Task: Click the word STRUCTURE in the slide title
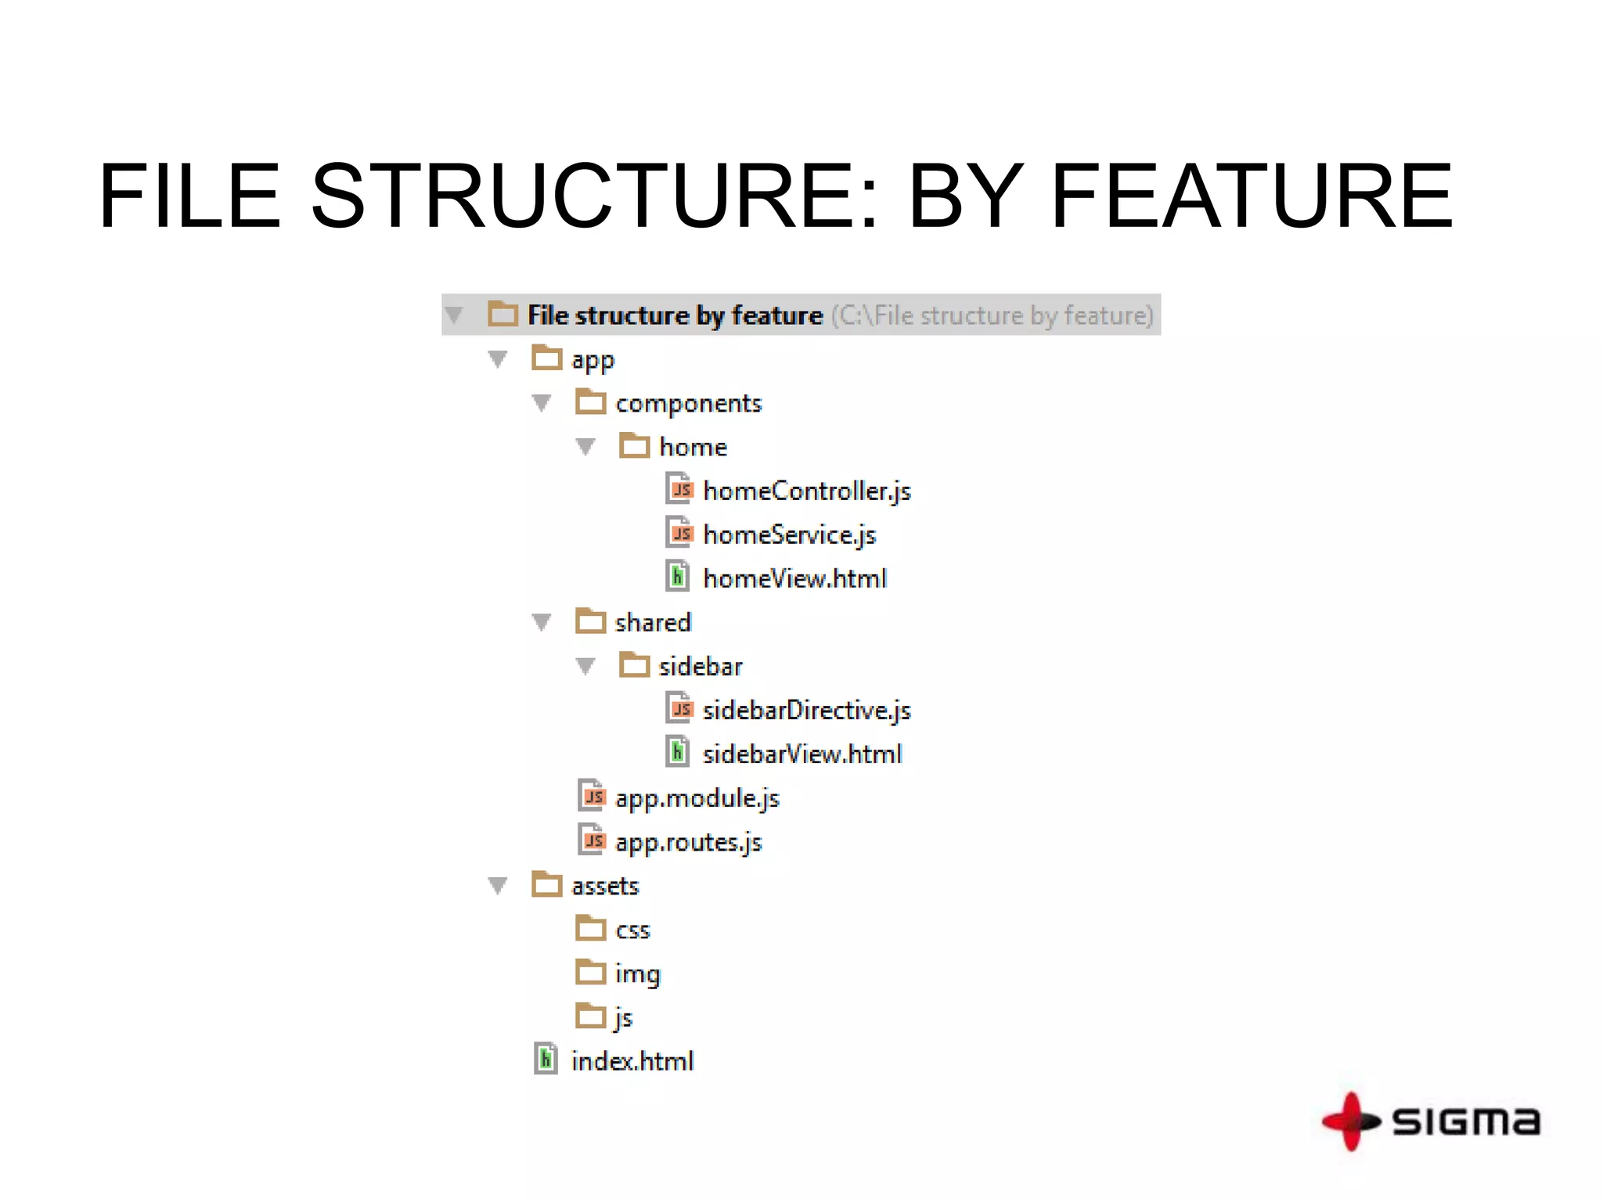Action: [x=595, y=196]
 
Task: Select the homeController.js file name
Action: [x=806, y=491]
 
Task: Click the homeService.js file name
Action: [x=789, y=535]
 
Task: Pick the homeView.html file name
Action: [x=794, y=579]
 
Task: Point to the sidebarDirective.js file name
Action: [x=806, y=711]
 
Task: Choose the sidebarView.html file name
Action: [x=801, y=754]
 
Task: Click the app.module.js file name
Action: [x=697, y=798]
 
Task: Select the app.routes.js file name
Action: [x=688, y=842]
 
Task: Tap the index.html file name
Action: [x=632, y=1061]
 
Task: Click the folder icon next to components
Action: [x=591, y=402]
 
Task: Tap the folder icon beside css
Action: [x=591, y=929]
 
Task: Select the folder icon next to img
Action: [x=591, y=973]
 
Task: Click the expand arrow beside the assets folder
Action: [x=498, y=886]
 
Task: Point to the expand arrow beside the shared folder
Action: [x=542, y=623]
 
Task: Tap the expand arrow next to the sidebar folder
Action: [x=585, y=667]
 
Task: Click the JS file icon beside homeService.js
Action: [x=679, y=533]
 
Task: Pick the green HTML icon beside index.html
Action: [x=546, y=1059]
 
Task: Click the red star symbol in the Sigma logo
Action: [x=1350, y=1121]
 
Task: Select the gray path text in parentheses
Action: [x=992, y=315]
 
